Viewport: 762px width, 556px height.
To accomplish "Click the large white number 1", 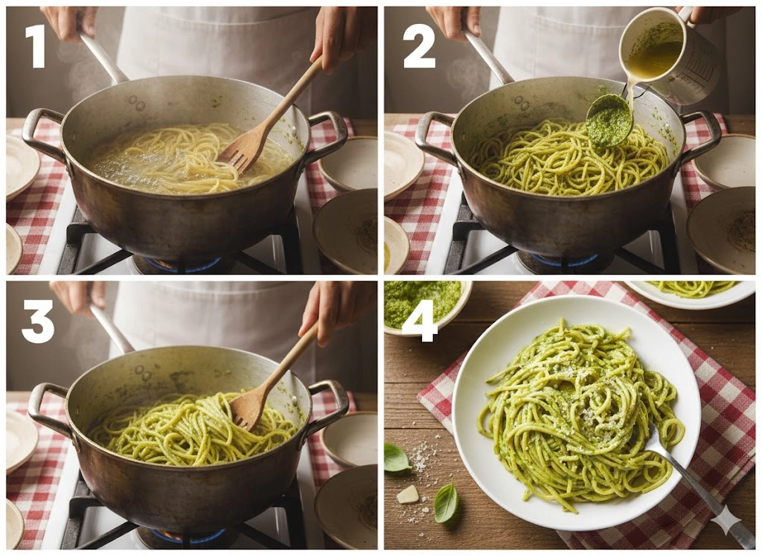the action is [x=36, y=46].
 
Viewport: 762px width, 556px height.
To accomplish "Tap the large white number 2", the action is [x=419, y=46].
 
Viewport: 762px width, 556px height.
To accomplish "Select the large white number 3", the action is [x=38, y=322].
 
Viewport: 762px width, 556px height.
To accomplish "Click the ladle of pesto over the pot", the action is [x=609, y=120].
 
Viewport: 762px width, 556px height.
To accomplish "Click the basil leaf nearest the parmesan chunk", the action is [x=446, y=502].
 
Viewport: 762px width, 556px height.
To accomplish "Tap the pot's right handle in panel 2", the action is [x=702, y=133].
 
